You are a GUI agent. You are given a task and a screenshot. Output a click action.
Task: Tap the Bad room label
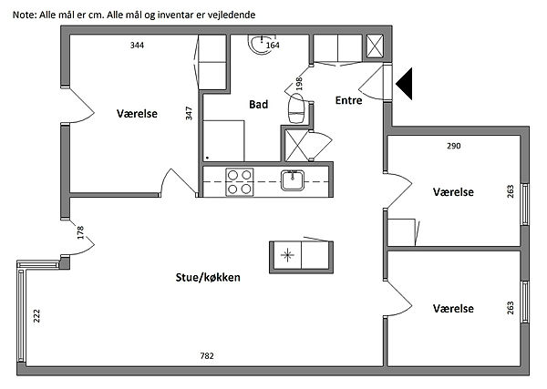(259, 105)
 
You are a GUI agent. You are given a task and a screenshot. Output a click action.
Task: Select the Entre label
(348, 100)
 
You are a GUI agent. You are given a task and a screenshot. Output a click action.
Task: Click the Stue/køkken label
(209, 277)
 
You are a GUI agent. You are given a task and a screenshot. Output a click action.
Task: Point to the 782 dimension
(207, 355)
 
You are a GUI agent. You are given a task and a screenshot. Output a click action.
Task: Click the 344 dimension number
(137, 45)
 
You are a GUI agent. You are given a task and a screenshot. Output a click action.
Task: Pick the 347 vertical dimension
(189, 113)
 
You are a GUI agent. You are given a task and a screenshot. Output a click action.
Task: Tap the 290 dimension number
(453, 146)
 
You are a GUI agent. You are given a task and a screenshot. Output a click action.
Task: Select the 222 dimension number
(36, 316)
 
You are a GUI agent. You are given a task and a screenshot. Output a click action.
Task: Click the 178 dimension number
(80, 233)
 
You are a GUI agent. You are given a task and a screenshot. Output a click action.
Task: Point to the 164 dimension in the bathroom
(273, 45)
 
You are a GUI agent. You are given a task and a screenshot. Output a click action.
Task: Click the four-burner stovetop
(240, 182)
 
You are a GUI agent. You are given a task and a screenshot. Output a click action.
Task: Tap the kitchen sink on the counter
(293, 180)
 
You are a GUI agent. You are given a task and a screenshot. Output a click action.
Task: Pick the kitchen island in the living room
(300, 256)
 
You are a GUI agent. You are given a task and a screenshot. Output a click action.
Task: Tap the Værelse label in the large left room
(139, 114)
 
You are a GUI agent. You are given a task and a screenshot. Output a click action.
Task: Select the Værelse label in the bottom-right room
(453, 308)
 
